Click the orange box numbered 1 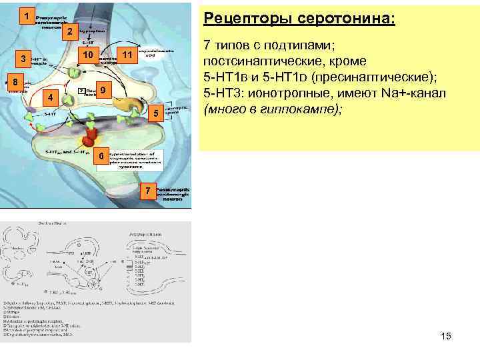pos(25,15)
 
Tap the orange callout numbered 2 pos(68,32)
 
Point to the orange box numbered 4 pos(49,99)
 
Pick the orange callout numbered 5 pos(155,114)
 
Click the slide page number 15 pos(446,336)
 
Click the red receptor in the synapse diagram pos(89,137)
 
